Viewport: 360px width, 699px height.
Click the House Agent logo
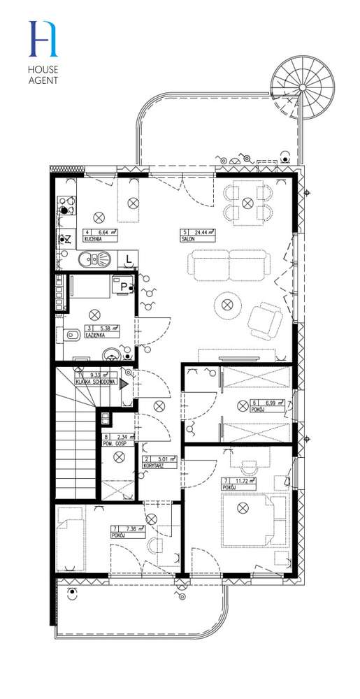(x=43, y=52)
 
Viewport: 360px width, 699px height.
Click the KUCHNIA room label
(x=90, y=238)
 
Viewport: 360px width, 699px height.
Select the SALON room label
(x=187, y=238)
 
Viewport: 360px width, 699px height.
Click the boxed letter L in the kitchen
(x=129, y=260)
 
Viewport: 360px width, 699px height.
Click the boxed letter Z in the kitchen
(x=67, y=239)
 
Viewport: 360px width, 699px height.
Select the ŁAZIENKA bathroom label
(x=96, y=334)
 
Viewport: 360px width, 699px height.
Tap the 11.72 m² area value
(x=240, y=480)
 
